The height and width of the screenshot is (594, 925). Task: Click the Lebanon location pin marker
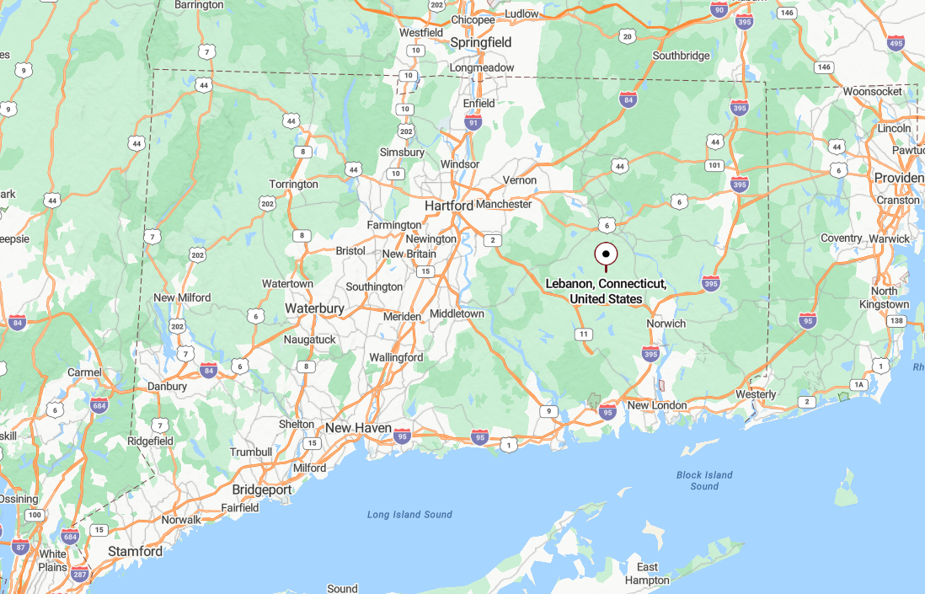606,254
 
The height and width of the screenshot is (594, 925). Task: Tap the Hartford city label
448,206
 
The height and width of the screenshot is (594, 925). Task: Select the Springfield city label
480,42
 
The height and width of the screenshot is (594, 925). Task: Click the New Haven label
358,428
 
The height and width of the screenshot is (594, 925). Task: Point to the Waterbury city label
314,309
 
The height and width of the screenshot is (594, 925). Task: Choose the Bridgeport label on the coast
261,490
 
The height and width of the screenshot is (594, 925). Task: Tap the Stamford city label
135,551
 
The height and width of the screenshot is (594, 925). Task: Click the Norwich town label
666,324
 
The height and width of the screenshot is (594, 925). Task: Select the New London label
657,405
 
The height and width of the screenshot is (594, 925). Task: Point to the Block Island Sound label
704,480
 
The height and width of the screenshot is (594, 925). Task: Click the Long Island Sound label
409,515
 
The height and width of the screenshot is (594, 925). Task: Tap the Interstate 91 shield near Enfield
473,123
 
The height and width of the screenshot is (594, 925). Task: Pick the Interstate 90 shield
719,9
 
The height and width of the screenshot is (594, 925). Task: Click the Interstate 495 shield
896,43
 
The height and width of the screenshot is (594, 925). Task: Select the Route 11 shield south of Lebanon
583,334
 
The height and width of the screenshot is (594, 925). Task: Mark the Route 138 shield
896,321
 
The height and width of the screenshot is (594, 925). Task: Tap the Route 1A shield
858,384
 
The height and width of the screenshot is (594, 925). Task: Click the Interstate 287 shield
80,575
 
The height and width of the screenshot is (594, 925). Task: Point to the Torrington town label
293,185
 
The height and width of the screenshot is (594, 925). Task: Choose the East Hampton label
647,573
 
